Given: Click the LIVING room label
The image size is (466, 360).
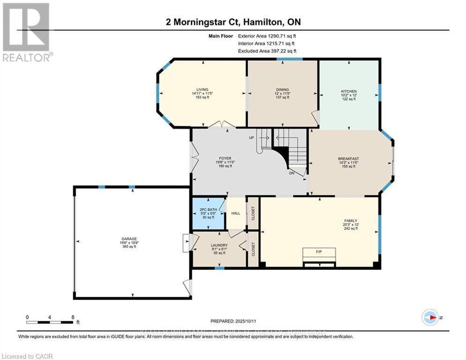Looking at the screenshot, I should pos(202,90).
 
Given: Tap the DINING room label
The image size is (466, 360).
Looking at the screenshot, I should pos(282,90).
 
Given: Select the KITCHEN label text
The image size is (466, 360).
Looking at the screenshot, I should pos(348,91).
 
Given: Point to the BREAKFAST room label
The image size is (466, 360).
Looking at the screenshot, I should pos(348,159).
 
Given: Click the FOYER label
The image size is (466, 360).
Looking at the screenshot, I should pos(222,158).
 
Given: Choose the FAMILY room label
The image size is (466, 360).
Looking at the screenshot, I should pos(351,220).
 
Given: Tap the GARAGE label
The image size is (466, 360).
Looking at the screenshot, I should pos(129,239).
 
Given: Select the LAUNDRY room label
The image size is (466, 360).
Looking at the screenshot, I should pos(219,245).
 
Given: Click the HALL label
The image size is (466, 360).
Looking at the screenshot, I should pos(236,213).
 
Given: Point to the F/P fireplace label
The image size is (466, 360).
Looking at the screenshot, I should pos(319,252).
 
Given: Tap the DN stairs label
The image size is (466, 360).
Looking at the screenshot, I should pos(291,173).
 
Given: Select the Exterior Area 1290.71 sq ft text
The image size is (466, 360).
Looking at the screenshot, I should pos(267,36).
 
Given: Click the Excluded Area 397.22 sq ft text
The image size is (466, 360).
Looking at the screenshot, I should pos(267,51).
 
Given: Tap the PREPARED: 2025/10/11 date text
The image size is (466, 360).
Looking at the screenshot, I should pos(233,321).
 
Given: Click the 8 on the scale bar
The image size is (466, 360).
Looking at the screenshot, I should pos(73,317).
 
